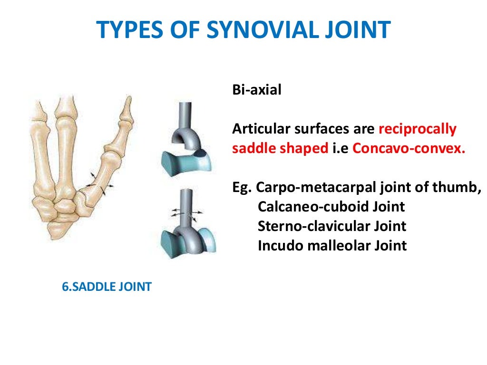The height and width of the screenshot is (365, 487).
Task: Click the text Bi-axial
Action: (x=257, y=90)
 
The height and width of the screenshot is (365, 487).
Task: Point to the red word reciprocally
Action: (x=418, y=129)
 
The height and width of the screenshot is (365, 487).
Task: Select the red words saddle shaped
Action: (x=280, y=148)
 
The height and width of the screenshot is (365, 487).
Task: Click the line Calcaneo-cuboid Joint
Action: (x=331, y=207)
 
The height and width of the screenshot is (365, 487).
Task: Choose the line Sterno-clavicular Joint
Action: (x=332, y=226)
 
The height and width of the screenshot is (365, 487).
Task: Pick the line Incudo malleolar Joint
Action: (x=332, y=246)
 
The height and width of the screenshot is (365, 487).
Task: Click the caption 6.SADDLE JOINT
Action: (x=107, y=287)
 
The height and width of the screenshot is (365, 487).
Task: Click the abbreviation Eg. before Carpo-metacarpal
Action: (x=242, y=187)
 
